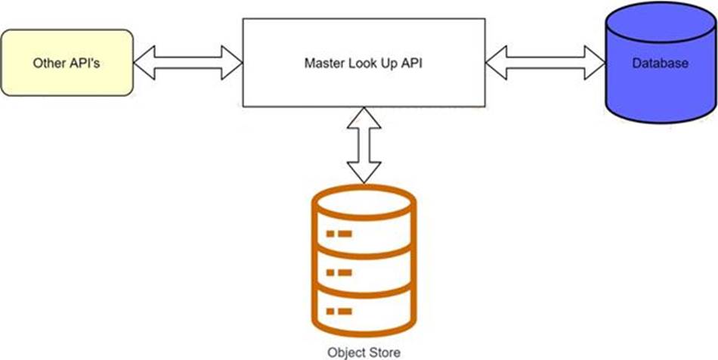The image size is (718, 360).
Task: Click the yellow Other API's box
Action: (x=67, y=63)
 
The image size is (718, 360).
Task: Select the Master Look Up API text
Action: (x=364, y=64)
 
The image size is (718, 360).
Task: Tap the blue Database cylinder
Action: (x=661, y=62)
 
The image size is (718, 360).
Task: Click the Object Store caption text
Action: (x=364, y=352)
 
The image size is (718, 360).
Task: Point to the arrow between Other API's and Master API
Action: (x=187, y=63)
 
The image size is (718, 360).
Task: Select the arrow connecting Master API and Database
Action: (x=546, y=63)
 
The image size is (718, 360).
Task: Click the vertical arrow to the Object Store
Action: (x=364, y=145)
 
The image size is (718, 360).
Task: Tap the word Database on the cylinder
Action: (x=660, y=64)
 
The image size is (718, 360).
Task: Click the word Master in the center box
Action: (x=321, y=64)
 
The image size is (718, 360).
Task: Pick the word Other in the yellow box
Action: (x=46, y=64)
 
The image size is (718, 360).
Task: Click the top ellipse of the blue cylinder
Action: (x=661, y=22)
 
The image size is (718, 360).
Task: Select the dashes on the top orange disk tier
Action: (x=339, y=234)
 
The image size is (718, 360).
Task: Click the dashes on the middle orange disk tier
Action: (x=339, y=273)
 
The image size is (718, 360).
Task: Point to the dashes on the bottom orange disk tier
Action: (x=339, y=312)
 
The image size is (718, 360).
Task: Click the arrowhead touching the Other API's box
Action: (x=144, y=63)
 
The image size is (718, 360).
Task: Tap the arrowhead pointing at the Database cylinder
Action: (x=595, y=63)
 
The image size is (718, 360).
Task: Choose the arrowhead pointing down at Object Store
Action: (x=364, y=172)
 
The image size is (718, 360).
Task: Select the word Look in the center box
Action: (x=355, y=64)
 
